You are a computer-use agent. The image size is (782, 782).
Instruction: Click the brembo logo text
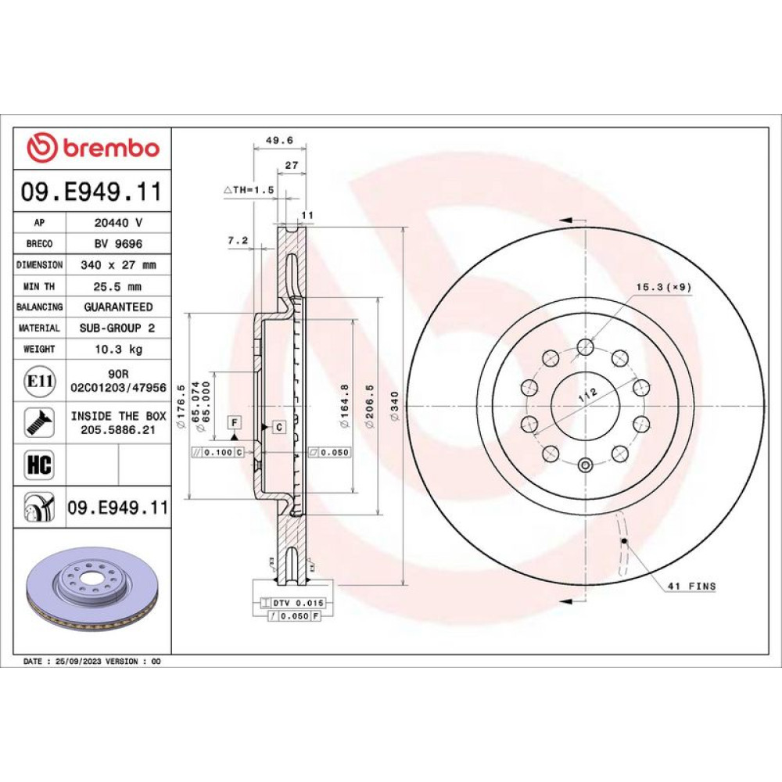tap(111, 148)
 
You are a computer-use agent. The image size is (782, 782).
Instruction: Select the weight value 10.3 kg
tap(119, 349)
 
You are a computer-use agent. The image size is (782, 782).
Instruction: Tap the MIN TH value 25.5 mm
tap(117, 286)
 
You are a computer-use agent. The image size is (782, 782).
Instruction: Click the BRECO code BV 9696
tap(118, 243)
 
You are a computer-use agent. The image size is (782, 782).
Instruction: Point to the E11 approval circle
tap(40, 382)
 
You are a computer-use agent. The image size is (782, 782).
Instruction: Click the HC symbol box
tap(39, 465)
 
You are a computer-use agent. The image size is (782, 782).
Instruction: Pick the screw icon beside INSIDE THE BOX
tap(39, 422)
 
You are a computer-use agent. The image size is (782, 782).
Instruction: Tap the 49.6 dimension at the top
tap(279, 141)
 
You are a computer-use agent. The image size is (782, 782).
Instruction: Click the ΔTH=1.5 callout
tap(249, 190)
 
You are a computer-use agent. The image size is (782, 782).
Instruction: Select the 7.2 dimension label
tap(238, 240)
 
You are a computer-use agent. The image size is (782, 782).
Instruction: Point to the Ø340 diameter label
tap(394, 406)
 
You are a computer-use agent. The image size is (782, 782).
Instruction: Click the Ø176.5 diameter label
tap(181, 406)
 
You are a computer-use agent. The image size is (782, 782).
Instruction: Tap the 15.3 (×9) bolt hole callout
tap(664, 287)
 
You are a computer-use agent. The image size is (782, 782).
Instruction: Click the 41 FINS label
tap(692, 586)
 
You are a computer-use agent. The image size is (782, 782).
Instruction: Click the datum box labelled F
tap(235, 422)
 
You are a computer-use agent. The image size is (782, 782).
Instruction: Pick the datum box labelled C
tap(279, 427)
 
